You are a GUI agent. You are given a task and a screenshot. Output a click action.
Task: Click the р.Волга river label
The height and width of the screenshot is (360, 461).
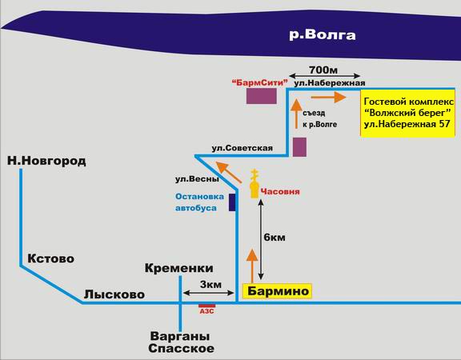[323, 35]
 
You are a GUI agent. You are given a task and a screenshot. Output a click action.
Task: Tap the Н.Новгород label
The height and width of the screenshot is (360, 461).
[46, 161]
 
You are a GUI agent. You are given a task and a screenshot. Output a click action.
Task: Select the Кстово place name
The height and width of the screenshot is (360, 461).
[51, 258]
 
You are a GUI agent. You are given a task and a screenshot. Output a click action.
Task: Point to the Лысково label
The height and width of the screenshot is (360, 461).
[114, 294]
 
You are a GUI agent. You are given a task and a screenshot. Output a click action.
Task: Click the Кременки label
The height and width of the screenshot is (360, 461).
[179, 268]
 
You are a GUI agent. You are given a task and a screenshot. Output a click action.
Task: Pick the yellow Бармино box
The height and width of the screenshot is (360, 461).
[277, 291]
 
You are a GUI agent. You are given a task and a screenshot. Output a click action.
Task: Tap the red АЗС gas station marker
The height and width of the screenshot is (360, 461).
[207, 306]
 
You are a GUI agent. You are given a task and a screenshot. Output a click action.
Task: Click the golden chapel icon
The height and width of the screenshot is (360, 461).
[255, 184]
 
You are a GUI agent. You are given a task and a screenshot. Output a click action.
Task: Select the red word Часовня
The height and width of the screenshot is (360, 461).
[280, 192]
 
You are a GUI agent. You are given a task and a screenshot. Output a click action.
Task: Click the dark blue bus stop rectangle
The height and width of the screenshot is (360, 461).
[232, 202]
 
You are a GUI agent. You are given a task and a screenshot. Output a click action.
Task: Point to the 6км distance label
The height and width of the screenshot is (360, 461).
[275, 237]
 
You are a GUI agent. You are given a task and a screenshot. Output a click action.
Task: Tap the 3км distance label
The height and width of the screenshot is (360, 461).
[210, 285]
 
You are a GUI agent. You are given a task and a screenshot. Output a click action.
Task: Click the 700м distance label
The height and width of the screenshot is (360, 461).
[323, 70]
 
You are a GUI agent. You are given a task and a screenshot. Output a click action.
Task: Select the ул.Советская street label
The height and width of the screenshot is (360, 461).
[243, 148]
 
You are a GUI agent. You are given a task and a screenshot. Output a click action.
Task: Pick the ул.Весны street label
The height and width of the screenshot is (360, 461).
[197, 179]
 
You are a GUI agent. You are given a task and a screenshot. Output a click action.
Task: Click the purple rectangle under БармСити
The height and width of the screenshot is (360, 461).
[262, 96]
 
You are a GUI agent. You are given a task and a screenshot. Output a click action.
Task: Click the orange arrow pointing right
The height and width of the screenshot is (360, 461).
[328, 97]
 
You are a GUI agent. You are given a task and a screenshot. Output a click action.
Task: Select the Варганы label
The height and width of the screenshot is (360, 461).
[180, 336]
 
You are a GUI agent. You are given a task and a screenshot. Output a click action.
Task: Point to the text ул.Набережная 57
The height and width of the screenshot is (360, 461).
[407, 124]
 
